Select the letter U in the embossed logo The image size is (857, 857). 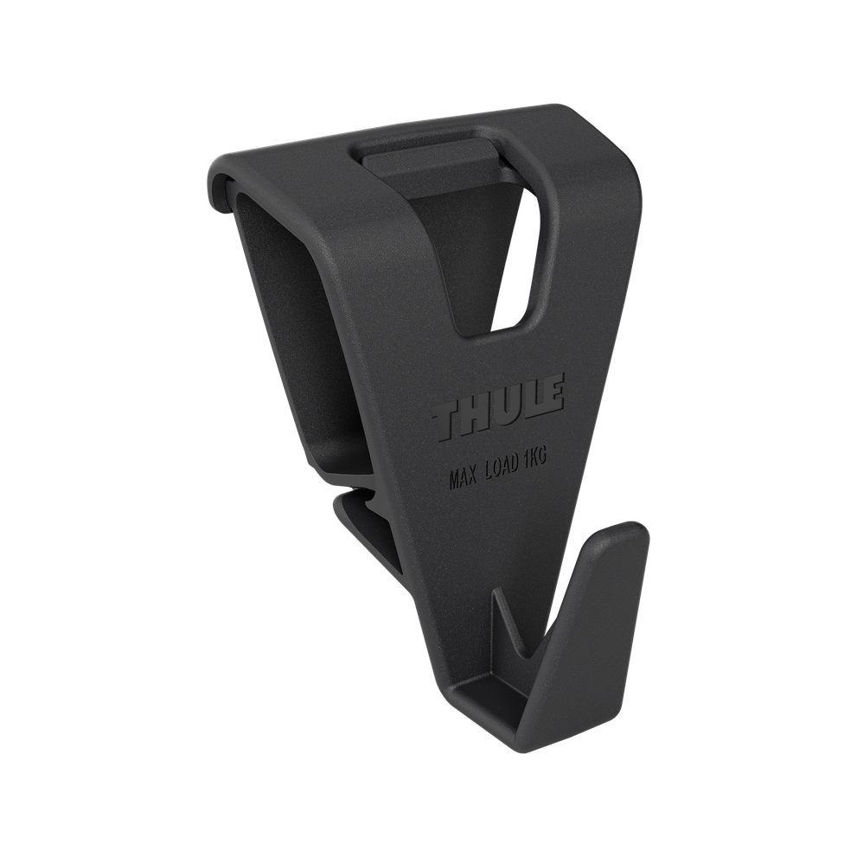(505, 406)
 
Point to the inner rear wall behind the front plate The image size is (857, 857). (294, 285)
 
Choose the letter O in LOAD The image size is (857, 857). (509, 470)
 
